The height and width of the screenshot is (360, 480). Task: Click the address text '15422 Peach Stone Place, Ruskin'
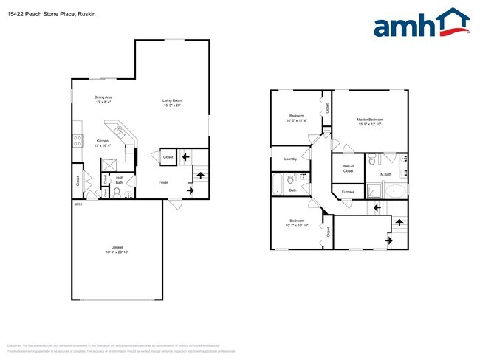pos(44,13)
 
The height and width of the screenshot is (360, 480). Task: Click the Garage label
pos(117,248)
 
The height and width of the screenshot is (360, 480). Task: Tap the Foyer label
pos(164,181)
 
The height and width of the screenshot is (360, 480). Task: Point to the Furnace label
pos(348,192)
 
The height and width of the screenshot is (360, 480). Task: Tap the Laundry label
pos(290,158)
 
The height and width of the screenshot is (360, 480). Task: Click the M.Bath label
pos(385,174)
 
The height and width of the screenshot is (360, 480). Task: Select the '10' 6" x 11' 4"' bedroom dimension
pos(297,122)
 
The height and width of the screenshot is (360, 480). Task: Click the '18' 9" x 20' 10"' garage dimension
pos(117,252)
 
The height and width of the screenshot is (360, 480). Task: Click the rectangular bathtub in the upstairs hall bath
pos(278,183)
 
